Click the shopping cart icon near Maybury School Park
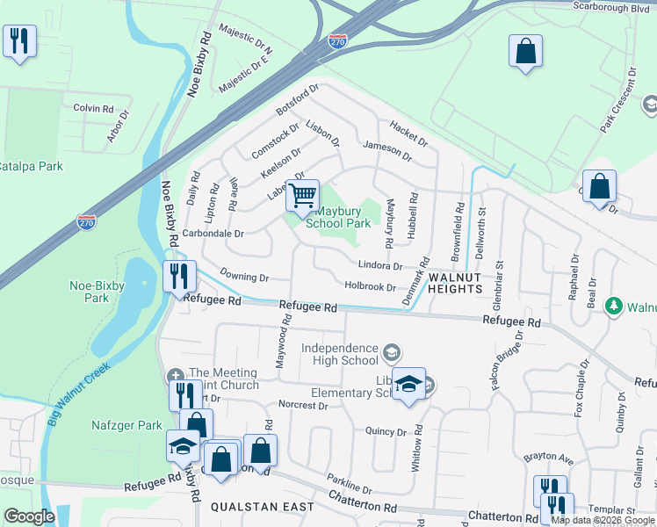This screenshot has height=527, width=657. click(x=303, y=196)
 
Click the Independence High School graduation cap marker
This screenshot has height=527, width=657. click(x=392, y=354)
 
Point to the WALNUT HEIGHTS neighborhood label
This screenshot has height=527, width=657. click(x=456, y=283)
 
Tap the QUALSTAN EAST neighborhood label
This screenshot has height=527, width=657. click(x=263, y=508)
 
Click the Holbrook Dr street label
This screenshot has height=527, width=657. click(x=371, y=286)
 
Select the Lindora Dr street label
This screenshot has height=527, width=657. click(x=380, y=265)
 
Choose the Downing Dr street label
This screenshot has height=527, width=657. click(x=244, y=278)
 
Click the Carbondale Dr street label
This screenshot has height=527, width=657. click(x=213, y=235)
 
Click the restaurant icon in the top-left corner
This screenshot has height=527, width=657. click(x=19, y=41)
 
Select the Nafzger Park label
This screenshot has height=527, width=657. click(x=126, y=426)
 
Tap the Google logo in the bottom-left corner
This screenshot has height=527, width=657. click(x=29, y=516)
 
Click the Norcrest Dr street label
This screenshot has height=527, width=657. click(x=302, y=406)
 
